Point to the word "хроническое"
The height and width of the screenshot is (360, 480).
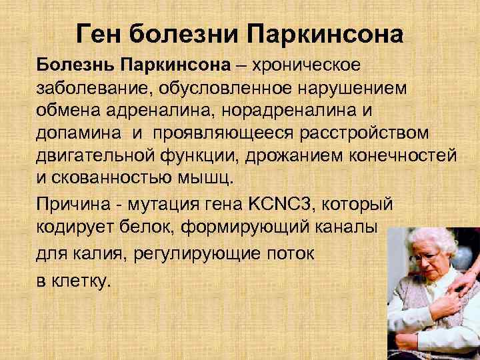click(x=309, y=66)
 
